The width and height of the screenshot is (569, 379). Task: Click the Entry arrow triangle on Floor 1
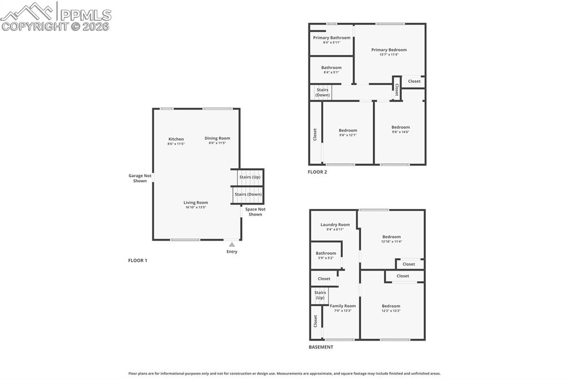232,245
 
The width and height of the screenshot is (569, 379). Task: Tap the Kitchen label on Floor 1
176,139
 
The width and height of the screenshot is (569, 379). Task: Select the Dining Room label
217,138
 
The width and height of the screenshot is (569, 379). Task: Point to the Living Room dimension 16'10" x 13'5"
196,207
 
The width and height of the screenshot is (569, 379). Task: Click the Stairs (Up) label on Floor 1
249,177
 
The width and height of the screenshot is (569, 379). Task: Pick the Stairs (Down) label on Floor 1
248,195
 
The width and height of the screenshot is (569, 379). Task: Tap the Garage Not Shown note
140,178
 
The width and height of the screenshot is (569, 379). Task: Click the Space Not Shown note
255,212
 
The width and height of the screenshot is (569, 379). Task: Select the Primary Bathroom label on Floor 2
332,38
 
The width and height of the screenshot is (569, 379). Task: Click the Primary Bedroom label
389,50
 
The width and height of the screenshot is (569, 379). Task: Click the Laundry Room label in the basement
335,225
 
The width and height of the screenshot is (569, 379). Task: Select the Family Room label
343,306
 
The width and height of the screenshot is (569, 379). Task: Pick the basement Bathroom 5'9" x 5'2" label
326,253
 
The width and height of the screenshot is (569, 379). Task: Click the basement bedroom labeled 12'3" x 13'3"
391,306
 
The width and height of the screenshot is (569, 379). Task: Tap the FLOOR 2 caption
317,172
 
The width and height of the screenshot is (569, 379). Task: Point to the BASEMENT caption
321,347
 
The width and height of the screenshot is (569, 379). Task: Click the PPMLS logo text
85,14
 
